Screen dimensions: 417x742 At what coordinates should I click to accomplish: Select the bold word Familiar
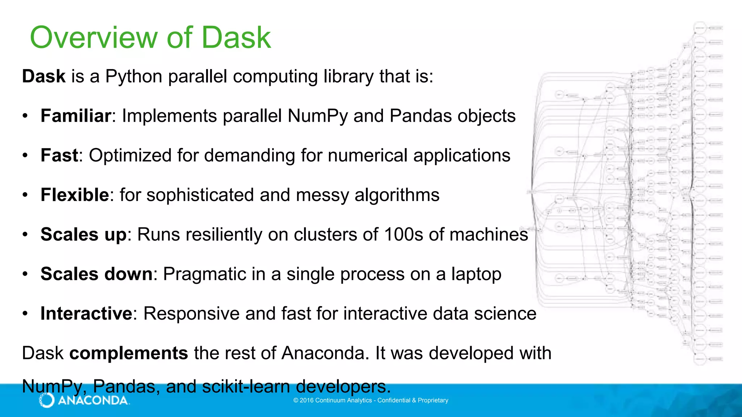pyautogui.click(x=75, y=116)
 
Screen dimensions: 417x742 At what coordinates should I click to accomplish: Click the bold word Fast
pyautogui.click(x=59, y=156)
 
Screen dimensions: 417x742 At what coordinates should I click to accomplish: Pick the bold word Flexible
pyautogui.click(x=75, y=195)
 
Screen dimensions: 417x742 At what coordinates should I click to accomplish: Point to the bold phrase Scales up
pyautogui.click(x=83, y=235)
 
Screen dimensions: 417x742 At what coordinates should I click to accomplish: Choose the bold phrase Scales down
pyautogui.click(x=96, y=274)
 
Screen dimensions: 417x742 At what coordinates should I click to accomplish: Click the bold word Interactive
pyautogui.click(x=86, y=313)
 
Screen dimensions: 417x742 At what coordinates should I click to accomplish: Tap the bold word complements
pyautogui.click(x=129, y=353)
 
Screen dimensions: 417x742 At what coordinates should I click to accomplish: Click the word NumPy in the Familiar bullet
pyautogui.click(x=317, y=116)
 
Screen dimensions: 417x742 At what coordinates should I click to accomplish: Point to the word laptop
pyautogui.click(x=476, y=274)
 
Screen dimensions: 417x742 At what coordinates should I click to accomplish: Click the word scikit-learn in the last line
pyautogui.click(x=246, y=387)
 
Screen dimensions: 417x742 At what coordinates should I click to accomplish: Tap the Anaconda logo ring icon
pyautogui.click(x=47, y=400)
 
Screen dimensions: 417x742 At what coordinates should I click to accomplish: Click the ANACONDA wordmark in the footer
pyautogui.click(x=93, y=400)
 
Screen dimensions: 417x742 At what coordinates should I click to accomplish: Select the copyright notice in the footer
pyautogui.click(x=371, y=400)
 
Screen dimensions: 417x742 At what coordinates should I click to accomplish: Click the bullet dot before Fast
pyautogui.click(x=25, y=156)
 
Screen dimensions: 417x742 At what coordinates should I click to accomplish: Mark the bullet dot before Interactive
pyautogui.click(x=25, y=313)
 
